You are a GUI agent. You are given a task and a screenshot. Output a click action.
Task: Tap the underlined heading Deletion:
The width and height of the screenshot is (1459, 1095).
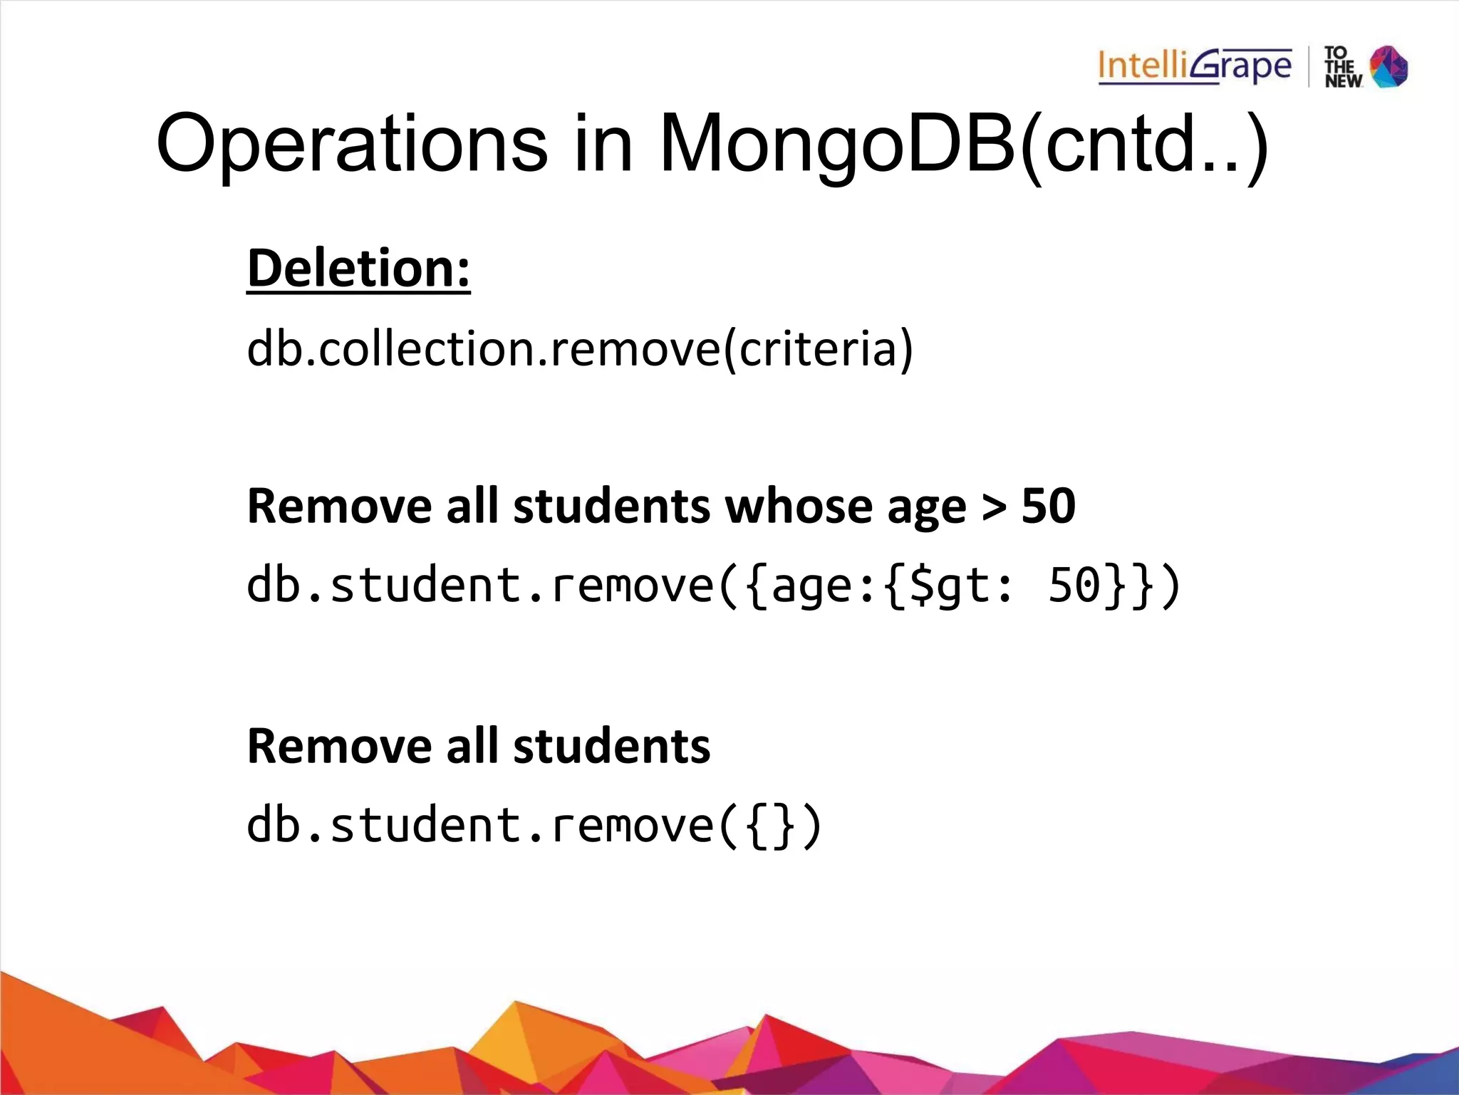358,269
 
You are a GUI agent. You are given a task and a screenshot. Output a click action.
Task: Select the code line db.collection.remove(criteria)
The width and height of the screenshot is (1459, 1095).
579,349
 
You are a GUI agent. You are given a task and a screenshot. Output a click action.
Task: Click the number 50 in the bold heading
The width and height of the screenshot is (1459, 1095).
1048,507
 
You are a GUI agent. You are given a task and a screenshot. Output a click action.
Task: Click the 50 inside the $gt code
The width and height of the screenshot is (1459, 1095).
1075,585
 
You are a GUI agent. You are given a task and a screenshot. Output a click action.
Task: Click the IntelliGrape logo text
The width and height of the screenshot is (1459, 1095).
1194,67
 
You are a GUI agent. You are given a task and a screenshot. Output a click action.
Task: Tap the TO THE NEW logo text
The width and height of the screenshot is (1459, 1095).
1342,67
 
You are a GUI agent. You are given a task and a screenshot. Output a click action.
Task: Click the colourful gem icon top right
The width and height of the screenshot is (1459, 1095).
1389,67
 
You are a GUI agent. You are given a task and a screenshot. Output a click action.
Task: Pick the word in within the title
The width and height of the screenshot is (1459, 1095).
603,145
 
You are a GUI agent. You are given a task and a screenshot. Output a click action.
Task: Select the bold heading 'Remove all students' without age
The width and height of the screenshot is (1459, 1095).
478,747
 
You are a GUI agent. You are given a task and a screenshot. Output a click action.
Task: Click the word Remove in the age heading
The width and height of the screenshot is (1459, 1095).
339,507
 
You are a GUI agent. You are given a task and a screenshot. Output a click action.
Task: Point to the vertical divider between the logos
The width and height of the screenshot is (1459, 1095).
1309,67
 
